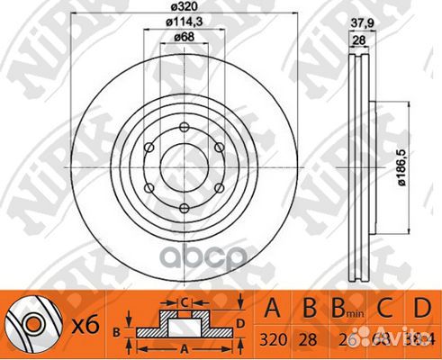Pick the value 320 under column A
click(270, 342)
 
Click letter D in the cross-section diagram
click(241, 322)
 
